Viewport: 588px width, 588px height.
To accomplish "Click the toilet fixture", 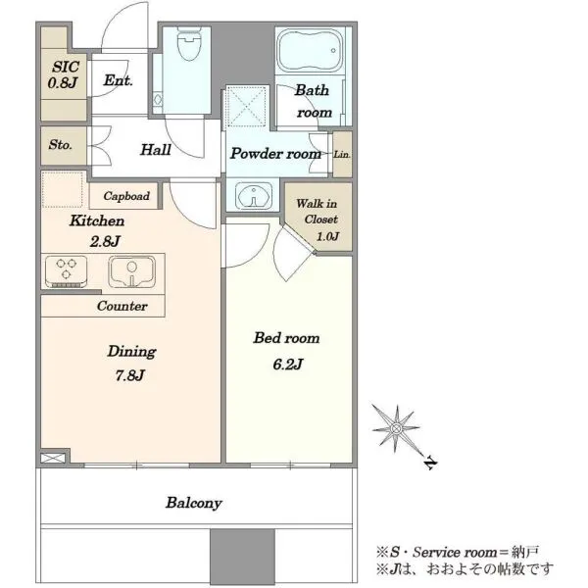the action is [x=189, y=43].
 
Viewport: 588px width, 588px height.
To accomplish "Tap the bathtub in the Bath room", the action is [x=310, y=51].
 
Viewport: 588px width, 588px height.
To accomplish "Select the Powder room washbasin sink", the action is [x=254, y=195].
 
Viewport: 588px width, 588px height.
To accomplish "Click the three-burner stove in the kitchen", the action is [x=66, y=271].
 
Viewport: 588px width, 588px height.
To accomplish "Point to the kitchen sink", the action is [x=131, y=271].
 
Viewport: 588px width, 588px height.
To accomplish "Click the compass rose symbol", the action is [x=396, y=428].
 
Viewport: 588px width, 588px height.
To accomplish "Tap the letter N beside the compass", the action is [x=431, y=464].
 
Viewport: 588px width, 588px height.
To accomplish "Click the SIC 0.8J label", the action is [x=64, y=74].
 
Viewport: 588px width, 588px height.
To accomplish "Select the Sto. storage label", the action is [x=60, y=144].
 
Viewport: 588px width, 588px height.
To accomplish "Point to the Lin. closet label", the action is [x=342, y=154].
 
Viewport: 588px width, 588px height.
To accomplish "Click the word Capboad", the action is [x=126, y=196].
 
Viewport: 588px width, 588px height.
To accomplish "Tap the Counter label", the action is [x=122, y=306].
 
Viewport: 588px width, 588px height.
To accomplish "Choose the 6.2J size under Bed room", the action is [x=287, y=364].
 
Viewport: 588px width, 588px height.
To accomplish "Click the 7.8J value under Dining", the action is [x=129, y=374].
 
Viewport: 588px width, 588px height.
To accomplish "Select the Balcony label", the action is [x=194, y=503].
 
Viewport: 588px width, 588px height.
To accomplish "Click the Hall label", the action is [x=156, y=150].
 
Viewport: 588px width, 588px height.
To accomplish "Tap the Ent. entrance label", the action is [x=119, y=80].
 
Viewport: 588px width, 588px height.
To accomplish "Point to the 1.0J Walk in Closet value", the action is [x=327, y=236].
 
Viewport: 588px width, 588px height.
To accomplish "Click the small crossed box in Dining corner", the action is [x=53, y=458].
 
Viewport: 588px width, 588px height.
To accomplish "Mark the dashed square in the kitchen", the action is [x=63, y=189].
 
